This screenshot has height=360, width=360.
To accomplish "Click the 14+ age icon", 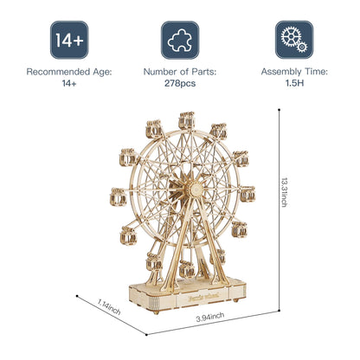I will point(68,40).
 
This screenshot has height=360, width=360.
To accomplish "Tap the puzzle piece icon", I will point(180,40).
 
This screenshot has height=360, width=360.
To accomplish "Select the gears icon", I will point(293,40).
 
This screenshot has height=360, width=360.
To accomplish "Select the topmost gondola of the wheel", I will point(185,119).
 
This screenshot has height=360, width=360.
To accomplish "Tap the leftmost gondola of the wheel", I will point(117,193).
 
